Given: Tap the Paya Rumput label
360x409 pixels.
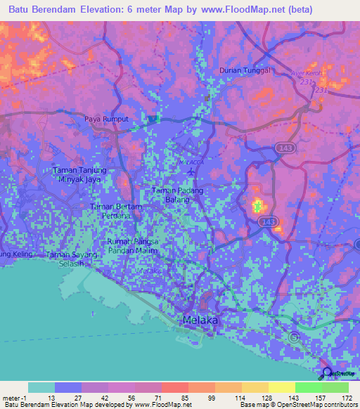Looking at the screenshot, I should coord(107,119).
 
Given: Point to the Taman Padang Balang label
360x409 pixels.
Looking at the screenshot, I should coord(178,195).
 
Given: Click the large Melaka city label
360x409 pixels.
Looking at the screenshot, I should coord(200,320).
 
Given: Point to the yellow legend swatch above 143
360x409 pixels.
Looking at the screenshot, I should coord(281,387).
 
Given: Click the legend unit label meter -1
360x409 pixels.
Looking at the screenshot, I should coord(13,398).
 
